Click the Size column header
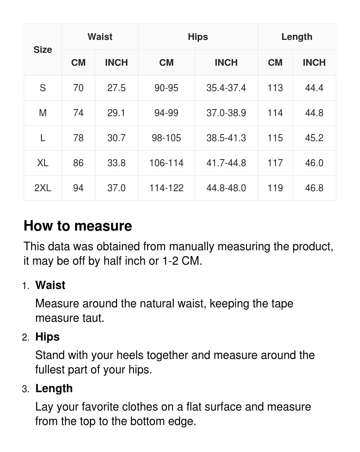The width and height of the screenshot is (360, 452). point(43,50)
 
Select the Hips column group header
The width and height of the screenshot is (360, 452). point(198,37)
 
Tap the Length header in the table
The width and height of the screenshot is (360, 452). point(297,37)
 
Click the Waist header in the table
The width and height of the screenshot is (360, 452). point(100,37)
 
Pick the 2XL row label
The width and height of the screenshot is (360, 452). point(43,188)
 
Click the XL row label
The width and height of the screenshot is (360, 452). point(43,163)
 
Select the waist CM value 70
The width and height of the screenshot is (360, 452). point(78,88)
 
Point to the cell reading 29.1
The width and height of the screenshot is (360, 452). point(116,113)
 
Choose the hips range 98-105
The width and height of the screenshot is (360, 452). point(166,138)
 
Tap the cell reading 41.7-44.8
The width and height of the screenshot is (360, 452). point(226,163)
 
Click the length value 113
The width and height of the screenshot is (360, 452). point(275,88)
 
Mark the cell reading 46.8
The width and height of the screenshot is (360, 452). point(314,188)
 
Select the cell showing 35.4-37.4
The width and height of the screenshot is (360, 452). point(226,88)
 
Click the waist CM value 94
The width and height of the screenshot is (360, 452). point(78,188)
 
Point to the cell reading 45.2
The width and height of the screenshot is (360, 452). point(314,138)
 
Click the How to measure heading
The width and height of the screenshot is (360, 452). point(78,226)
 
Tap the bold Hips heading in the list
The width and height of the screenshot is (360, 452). point(47,337)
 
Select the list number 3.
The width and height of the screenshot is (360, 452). point(25,389)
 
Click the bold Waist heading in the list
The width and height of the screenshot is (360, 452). point(50,285)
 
